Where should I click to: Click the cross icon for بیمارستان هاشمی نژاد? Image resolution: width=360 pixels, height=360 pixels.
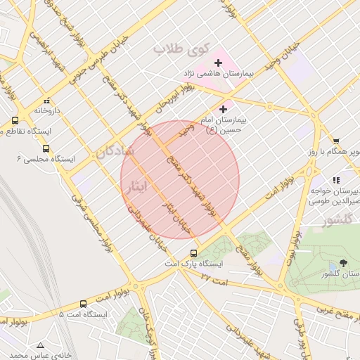pos(217,63)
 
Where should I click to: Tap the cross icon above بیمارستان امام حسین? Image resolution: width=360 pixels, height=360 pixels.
pos(224,109)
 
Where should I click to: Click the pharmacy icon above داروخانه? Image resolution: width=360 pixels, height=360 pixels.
pos(47,101)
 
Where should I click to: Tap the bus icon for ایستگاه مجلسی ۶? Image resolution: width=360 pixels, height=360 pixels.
pos(46,148)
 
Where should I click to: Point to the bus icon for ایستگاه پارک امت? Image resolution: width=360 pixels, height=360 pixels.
pos(194,253)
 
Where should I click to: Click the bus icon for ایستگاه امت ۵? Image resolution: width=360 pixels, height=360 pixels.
pos(84,304)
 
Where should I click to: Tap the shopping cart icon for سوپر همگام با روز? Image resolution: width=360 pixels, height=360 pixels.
pos(336,141)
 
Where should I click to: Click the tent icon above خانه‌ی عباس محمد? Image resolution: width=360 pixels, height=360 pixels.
pos(40,345)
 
